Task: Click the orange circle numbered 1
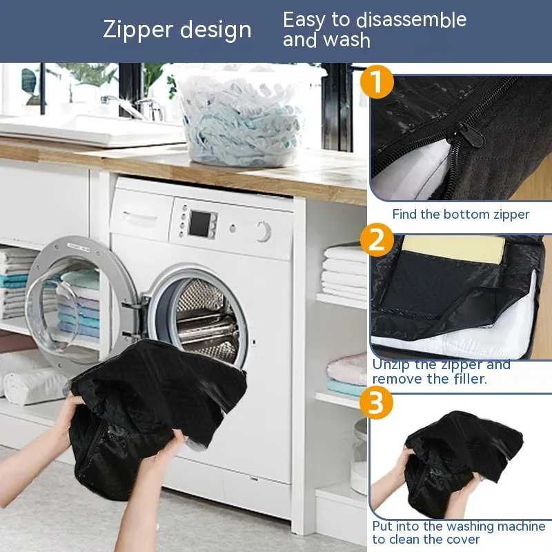[377, 81]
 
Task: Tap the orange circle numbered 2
[377, 240]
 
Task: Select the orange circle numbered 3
[376, 402]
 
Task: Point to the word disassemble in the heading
[411, 20]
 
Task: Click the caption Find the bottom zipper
[461, 215]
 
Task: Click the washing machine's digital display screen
[200, 223]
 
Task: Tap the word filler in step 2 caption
[470, 379]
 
